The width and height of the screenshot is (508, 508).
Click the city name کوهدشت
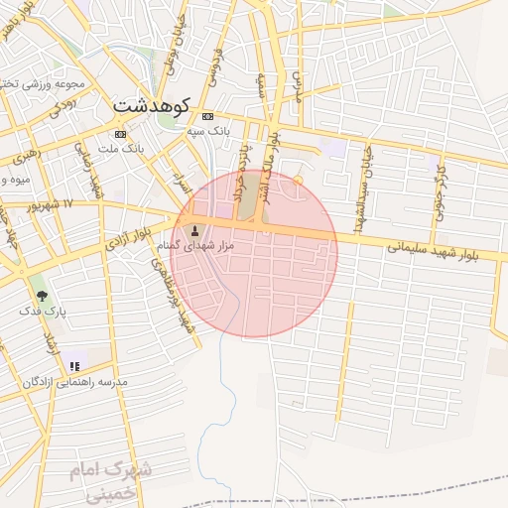151,103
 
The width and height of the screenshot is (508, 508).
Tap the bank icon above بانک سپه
207,116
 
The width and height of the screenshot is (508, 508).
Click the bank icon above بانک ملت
121,134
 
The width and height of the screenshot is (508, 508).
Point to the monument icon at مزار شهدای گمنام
193,230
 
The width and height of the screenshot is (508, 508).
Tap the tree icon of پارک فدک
42,295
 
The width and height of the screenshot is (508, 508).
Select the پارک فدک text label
42,311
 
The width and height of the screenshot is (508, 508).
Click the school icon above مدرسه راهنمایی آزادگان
74,366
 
